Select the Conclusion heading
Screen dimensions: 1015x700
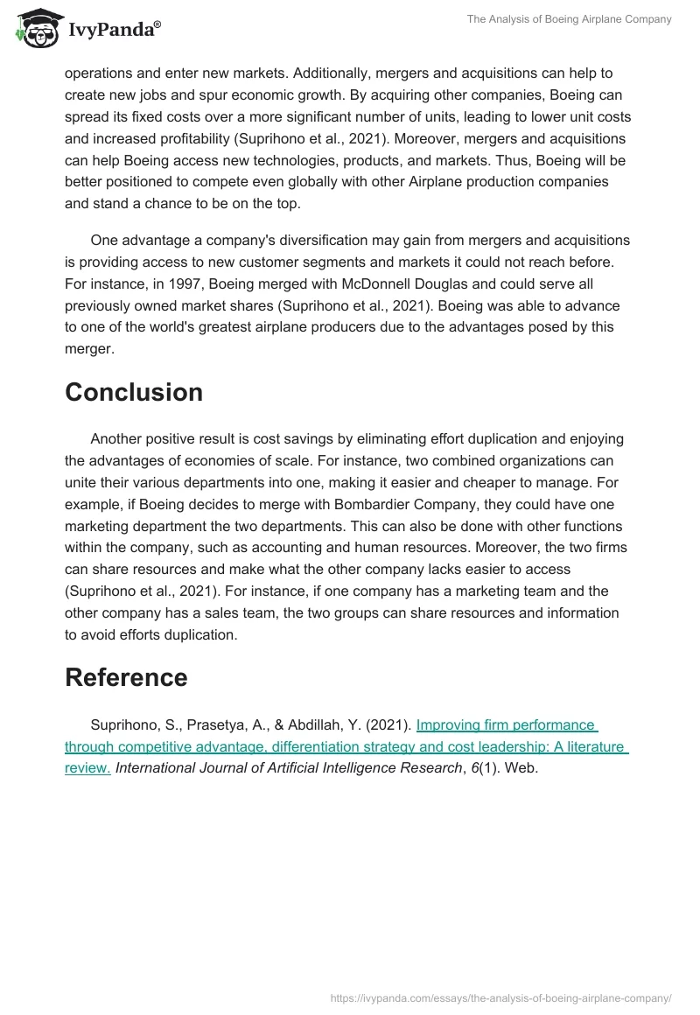click(134, 392)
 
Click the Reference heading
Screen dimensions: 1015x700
click(126, 677)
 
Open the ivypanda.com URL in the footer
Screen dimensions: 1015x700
click(501, 997)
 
